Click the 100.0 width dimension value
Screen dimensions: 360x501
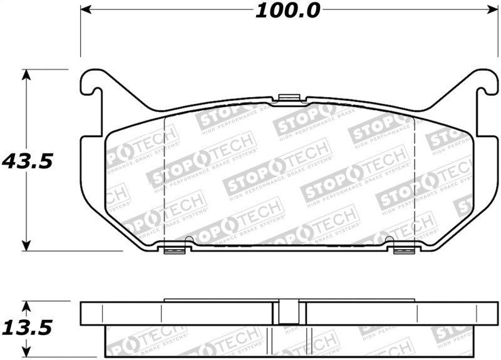click(x=287, y=11)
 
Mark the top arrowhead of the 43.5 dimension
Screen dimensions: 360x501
click(x=26, y=74)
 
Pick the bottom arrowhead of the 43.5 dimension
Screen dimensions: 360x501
click(x=26, y=245)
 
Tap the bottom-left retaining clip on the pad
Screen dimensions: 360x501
click(x=175, y=250)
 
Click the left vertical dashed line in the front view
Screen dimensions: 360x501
click(x=163, y=182)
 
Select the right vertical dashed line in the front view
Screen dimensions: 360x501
click(x=415, y=182)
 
